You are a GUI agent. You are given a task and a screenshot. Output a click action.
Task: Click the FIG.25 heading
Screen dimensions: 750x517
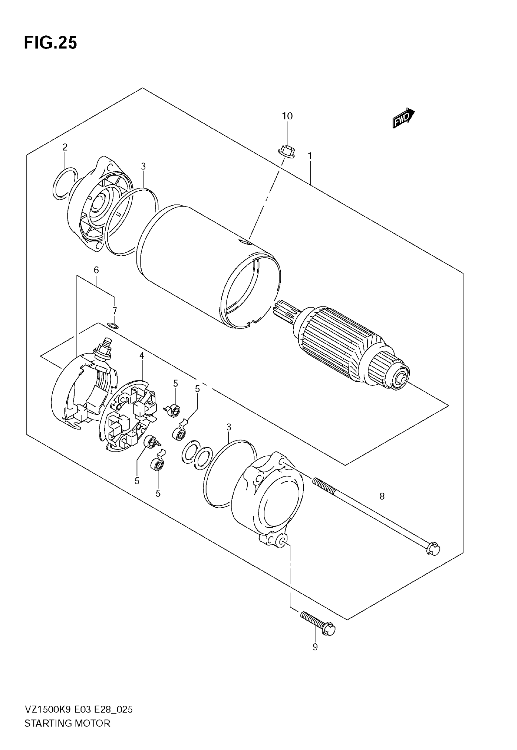point(50,43)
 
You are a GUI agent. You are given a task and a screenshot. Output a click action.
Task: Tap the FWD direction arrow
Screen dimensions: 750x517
point(403,118)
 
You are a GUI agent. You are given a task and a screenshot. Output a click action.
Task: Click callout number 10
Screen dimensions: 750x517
point(287,116)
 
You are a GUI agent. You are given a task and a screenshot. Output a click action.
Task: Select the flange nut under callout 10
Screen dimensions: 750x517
point(286,151)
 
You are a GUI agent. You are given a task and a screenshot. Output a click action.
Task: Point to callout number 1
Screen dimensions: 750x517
point(310,156)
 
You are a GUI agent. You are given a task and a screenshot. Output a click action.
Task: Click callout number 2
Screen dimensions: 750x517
point(65,147)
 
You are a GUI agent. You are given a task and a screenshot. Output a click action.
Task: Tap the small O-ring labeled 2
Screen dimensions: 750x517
point(65,184)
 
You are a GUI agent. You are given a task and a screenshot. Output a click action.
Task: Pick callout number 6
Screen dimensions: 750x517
point(96,270)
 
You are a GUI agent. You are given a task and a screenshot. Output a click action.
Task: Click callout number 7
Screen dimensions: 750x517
point(114,311)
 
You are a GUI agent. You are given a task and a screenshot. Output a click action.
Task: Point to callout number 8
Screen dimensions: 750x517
point(382,496)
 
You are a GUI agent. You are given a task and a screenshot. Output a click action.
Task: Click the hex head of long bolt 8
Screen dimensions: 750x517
point(433,549)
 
